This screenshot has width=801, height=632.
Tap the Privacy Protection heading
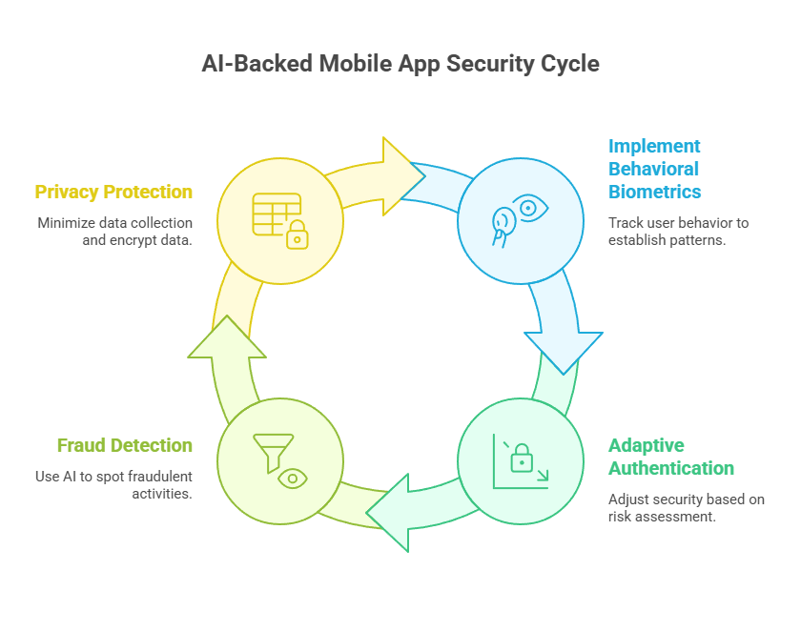(x=113, y=192)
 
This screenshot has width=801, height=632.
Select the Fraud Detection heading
(x=124, y=445)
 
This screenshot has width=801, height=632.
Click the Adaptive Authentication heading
(x=670, y=457)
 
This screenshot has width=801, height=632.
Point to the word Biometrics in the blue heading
(x=655, y=192)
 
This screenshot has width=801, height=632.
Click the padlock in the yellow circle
(x=298, y=234)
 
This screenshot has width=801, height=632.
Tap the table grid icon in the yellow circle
(x=275, y=213)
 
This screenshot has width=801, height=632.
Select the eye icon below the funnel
(x=292, y=476)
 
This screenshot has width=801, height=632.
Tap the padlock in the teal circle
(x=521, y=462)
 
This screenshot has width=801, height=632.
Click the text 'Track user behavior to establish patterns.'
(x=678, y=232)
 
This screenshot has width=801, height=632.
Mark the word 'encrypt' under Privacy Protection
(x=126, y=240)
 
